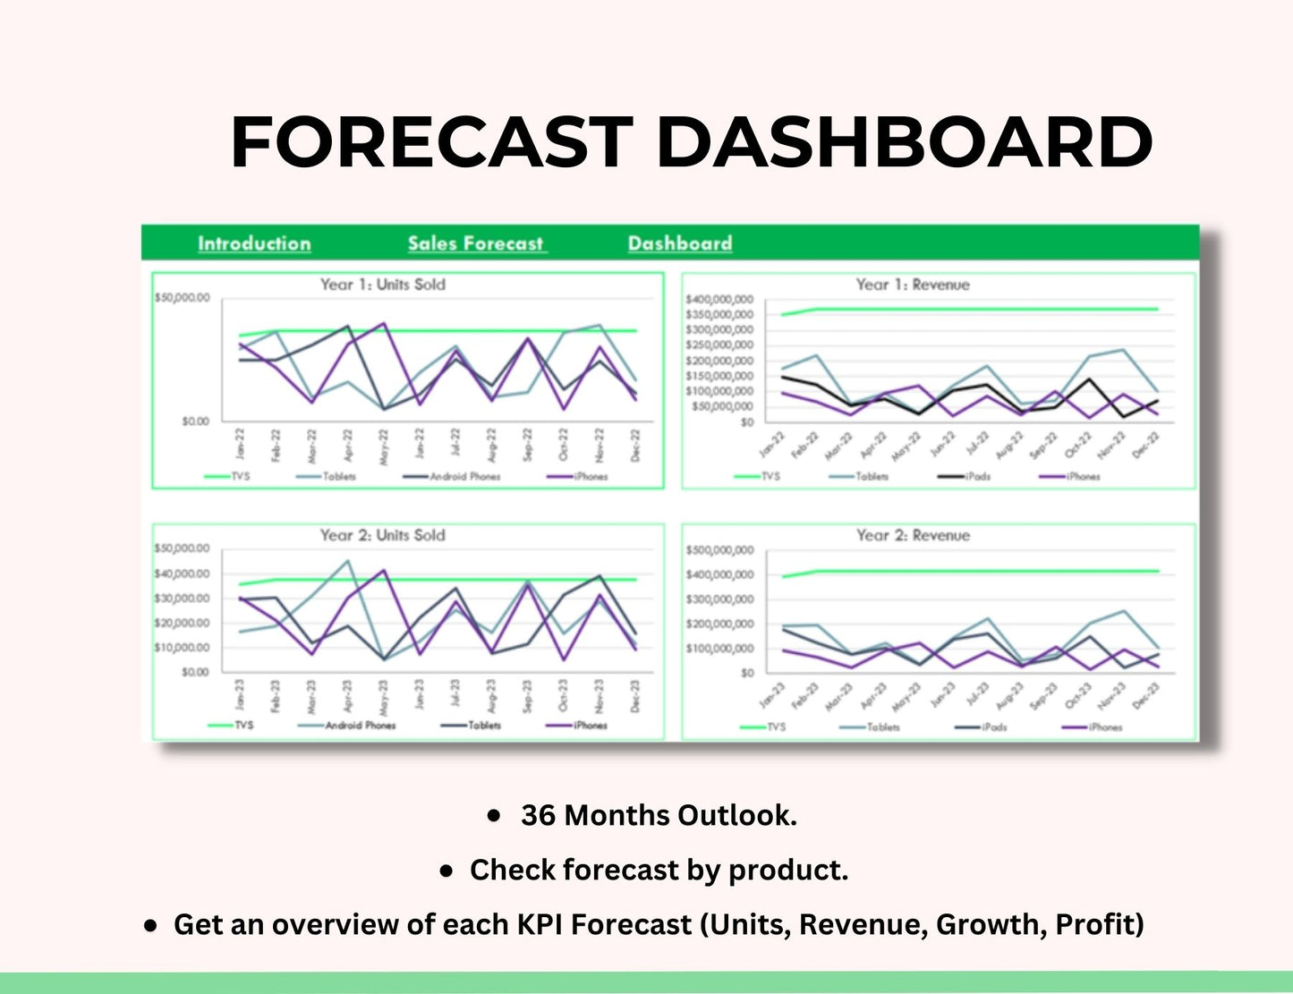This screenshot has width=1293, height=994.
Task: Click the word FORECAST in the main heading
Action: click(x=431, y=142)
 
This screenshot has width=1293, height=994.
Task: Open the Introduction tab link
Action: click(x=254, y=243)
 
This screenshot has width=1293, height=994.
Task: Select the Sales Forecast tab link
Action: click(x=476, y=243)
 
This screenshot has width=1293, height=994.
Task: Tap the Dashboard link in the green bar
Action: click(x=679, y=243)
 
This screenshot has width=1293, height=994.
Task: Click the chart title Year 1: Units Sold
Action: click(x=382, y=285)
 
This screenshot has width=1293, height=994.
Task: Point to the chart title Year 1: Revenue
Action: click(x=912, y=285)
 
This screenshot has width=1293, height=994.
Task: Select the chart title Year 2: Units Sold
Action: click(x=382, y=535)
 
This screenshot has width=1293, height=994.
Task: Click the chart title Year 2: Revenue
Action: click(x=912, y=535)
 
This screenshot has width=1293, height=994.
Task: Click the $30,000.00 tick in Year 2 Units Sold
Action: click(x=182, y=598)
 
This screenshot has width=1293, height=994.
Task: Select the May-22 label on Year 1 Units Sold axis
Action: click(x=384, y=445)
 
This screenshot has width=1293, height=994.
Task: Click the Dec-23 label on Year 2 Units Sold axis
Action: click(x=635, y=696)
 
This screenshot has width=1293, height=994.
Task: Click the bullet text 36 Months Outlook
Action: click(x=658, y=815)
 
